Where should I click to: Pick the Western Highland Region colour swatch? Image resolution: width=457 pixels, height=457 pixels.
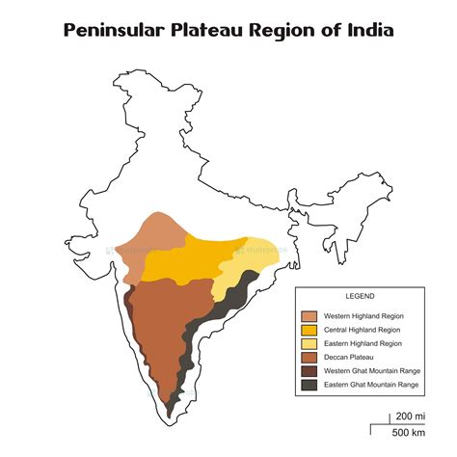(x=309, y=316)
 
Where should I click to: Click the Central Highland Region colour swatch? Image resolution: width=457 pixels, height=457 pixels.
(x=309, y=330)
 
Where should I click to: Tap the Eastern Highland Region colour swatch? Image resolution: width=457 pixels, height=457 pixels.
(x=309, y=343)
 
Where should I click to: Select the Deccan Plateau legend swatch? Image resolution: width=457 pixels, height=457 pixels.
(x=309, y=358)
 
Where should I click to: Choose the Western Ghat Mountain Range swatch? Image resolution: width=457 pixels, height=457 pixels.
(x=309, y=371)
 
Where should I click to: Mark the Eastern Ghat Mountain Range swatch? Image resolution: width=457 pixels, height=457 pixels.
(x=309, y=385)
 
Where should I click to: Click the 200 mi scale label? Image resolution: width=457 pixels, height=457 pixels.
(x=405, y=416)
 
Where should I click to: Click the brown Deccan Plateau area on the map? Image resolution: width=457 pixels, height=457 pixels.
(x=164, y=328)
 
